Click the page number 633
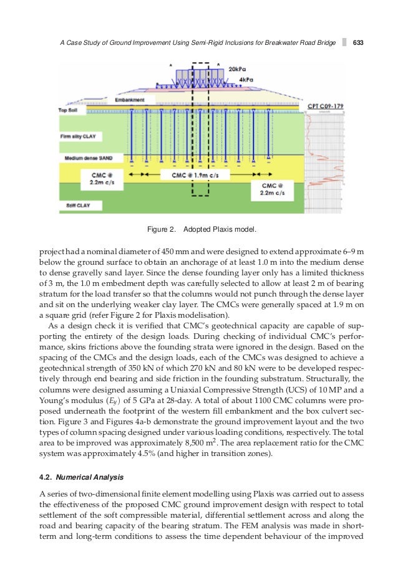pyautogui.click(x=358, y=43)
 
